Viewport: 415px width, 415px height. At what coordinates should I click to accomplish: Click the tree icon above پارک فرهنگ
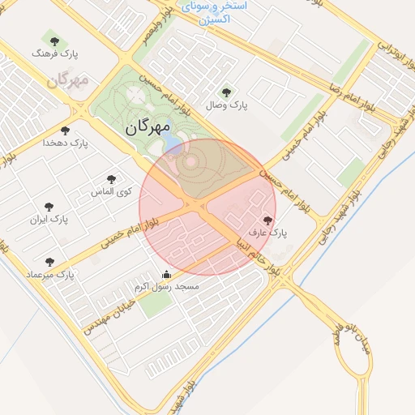coord(54,41)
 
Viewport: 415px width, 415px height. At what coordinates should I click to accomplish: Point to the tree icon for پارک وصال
coord(226,92)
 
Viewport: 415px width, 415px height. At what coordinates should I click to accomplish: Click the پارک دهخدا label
coord(65,143)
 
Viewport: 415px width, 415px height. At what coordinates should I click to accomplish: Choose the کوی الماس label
coord(112,191)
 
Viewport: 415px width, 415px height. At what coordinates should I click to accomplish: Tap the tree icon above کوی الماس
coord(111,179)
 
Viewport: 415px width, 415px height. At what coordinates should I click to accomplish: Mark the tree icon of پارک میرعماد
coord(50,262)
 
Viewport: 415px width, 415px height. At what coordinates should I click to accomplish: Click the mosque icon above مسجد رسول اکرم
coord(167,274)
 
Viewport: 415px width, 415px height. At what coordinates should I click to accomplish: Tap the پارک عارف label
coord(268,233)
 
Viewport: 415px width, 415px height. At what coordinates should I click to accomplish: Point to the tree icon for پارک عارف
coord(267,220)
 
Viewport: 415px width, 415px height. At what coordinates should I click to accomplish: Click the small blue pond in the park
coord(173,145)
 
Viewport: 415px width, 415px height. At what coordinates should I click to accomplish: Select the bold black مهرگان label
coord(148,127)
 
